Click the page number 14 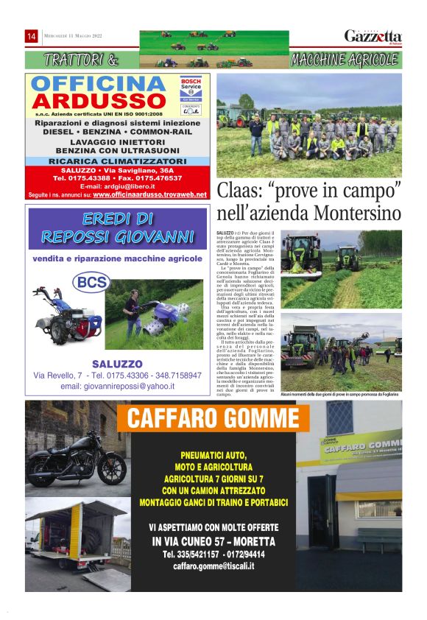coord(32,36)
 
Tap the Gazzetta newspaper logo coord(373,36)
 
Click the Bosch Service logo coord(191,88)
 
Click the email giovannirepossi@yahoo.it coord(117,386)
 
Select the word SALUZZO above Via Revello coord(117,364)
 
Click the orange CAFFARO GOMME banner coord(213,418)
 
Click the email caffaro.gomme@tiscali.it coord(213,566)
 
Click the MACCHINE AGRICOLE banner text coord(345,60)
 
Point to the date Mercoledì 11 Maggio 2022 coord(72,36)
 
